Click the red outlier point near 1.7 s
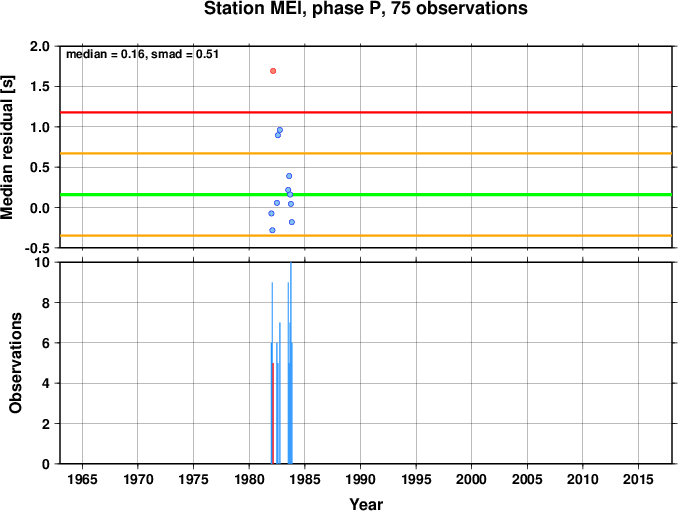273,71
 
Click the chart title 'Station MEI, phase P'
295,8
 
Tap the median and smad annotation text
142,54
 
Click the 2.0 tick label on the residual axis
39,46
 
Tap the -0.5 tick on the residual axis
37,248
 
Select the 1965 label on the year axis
82,479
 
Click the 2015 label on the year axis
638,479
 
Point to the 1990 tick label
360,479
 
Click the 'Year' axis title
366,504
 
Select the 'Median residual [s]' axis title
7,147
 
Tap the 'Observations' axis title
15,363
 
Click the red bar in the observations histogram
273,413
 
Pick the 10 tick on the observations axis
43,262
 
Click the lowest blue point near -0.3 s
272,230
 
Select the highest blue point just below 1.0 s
280,130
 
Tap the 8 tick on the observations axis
46,303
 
